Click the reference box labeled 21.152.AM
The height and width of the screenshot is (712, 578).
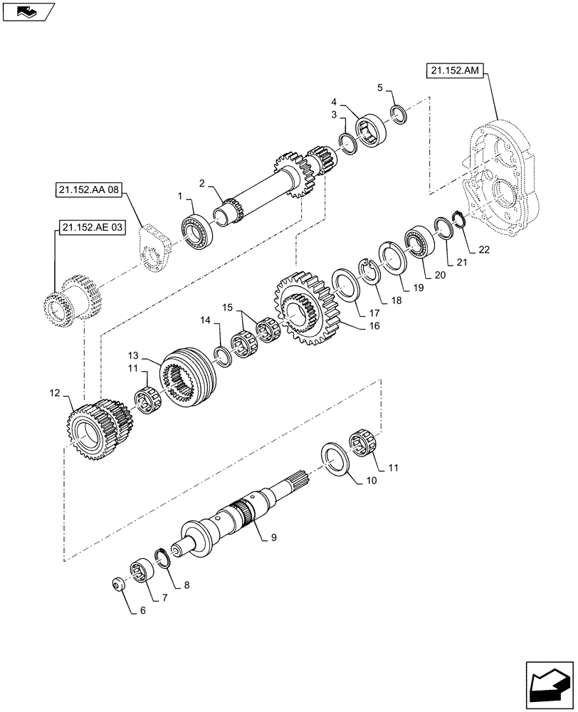tap(456, 70)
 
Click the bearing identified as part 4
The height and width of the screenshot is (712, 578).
tap(371, 130)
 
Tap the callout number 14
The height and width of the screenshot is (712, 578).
tap(206, 321)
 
